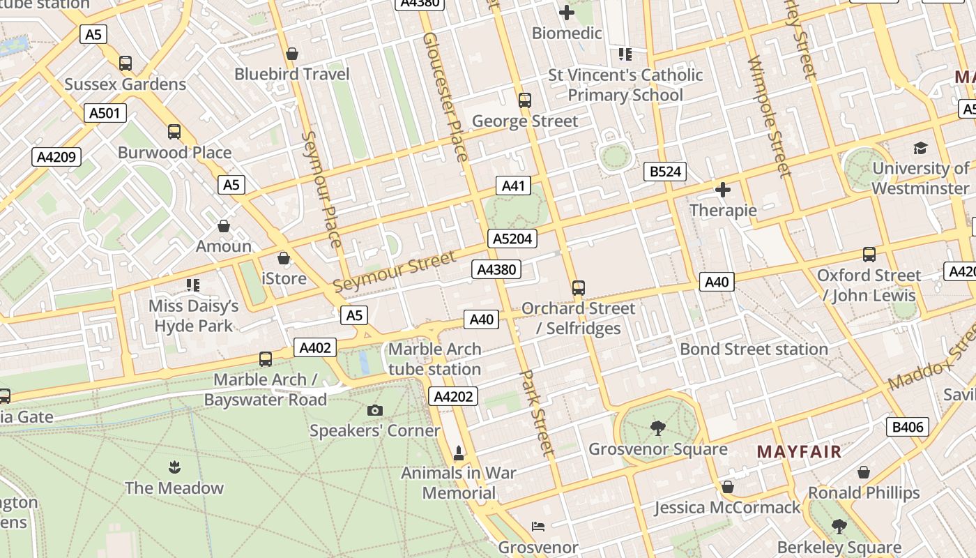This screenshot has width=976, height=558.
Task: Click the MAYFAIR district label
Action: tap(799, 451)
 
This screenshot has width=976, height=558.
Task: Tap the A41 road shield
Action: tap(513, 186)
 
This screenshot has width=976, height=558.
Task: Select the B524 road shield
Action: tap(664, 172)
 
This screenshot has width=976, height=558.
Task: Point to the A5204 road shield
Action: tap(512, 239)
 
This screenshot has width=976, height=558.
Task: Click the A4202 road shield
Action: tap(454, 397)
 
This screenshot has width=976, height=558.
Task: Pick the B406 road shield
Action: tap(907, 427)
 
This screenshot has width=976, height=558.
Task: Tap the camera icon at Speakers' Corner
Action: tap(375, 410)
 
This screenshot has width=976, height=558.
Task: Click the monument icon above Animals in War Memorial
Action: tap(459, 453)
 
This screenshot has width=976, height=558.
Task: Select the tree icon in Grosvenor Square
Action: tap(657, 428)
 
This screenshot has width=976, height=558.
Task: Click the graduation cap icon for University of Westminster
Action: tap(920, 148)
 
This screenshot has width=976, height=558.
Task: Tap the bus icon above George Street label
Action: tap(525, 100)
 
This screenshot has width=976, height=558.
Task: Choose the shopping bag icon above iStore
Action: tap(284, 258)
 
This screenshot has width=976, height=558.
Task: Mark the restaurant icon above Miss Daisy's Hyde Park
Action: tap(193, 285)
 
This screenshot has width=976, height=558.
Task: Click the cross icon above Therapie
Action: tap(723, 189)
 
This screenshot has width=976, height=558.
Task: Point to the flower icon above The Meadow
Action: tap(174, 467)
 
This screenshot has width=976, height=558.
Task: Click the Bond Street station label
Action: tap(754, 349)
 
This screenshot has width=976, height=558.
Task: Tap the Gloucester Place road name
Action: tap(445, 96)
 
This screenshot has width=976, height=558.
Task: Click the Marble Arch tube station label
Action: tap(434, 359)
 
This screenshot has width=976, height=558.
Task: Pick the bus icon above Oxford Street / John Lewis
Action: tap(869, 255)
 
